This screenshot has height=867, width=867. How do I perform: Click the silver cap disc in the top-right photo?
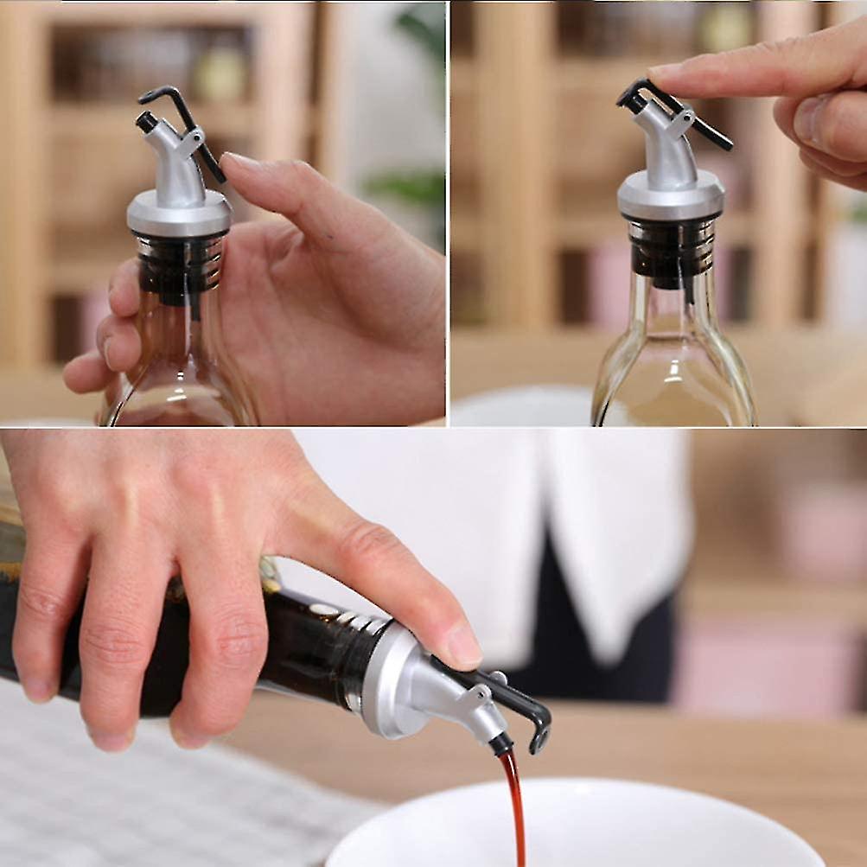click(x=671, y=197)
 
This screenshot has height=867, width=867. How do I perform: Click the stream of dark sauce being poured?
click(x=515, y=804)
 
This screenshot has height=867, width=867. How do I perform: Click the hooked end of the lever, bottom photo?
click(x=541, y=735)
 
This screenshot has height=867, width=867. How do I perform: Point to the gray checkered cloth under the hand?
click(x=130, y=795)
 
